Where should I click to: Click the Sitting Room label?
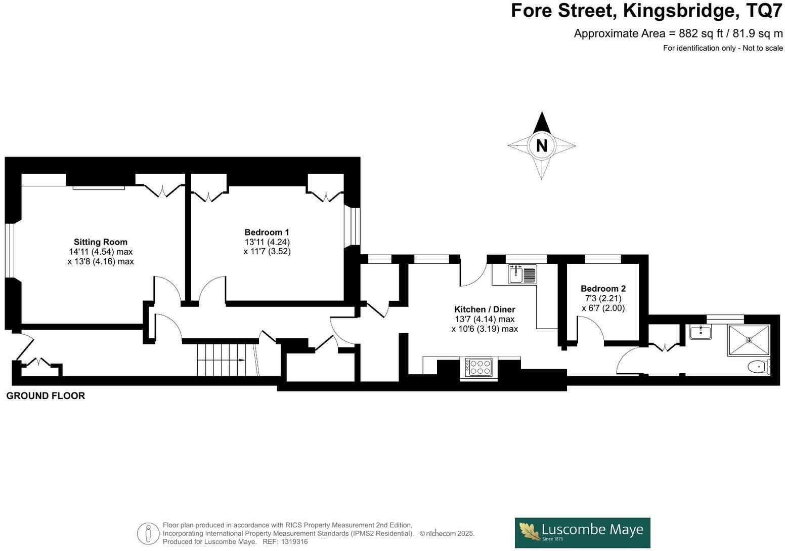click(101, 242)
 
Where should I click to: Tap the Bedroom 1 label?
click(267, 232)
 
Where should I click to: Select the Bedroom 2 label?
click(603, 288)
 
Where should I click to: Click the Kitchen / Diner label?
click(485, 309)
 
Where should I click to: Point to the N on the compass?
click(542, 146)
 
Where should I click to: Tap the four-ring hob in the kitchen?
click(478, 367)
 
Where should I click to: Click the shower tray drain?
click(749, 340)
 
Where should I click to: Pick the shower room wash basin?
click(701, 332)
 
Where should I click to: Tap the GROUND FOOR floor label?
click(46, 396)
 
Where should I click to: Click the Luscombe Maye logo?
click(582, 532)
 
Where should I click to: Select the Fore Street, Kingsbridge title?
click(646, 11)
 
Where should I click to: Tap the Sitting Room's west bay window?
click(10, 250)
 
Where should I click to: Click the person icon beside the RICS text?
click(148, 533)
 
